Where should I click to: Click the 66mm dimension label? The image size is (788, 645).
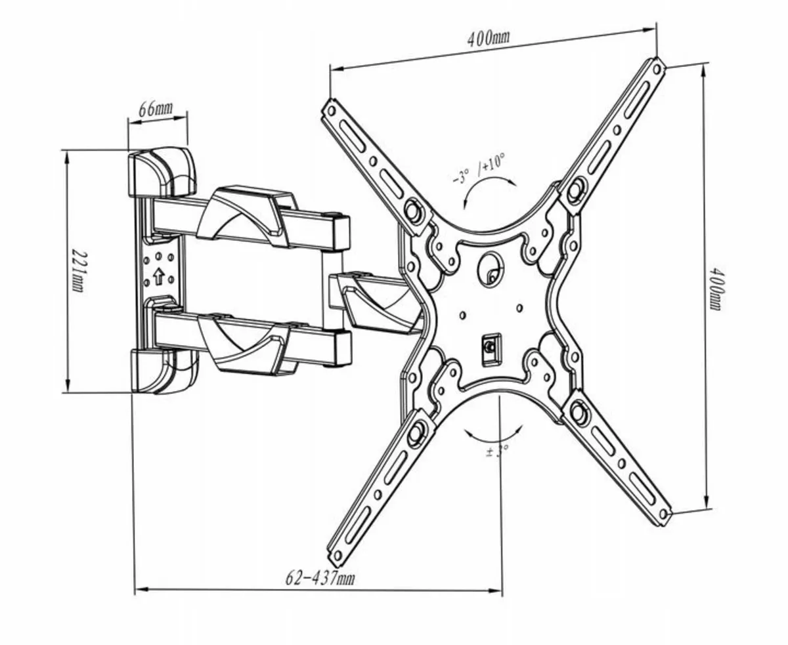tap(155, 108)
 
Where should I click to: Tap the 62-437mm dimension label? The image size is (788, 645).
tap(320, 578)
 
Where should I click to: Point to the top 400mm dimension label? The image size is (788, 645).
tap(488, 37)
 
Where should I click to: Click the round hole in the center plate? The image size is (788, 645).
tap(490, 269)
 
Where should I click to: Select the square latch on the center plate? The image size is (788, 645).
tap(490, 346)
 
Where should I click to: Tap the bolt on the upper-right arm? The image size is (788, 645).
tap(576, 190)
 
